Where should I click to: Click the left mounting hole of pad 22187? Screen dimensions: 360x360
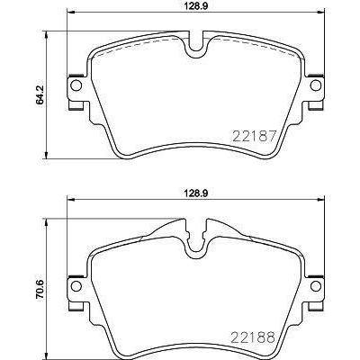[x=76, y=86]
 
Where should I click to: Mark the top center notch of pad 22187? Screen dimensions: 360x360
[x=194, y=43]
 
